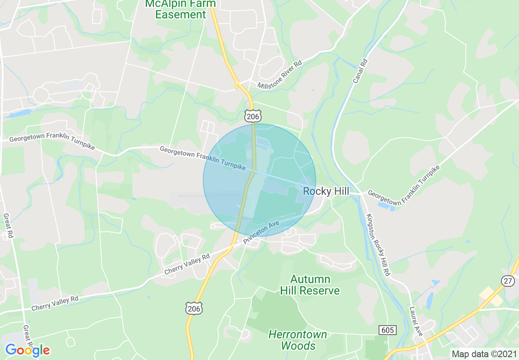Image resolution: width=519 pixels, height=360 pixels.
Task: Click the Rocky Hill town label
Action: [326, 191]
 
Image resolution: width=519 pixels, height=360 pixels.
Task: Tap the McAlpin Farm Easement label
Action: [181, 9]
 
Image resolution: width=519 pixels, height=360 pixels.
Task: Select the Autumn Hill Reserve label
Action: [310, 285]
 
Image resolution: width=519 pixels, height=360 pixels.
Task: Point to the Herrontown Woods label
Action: [298, 340]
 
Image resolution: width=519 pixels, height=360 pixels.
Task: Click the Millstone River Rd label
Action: [280, 74]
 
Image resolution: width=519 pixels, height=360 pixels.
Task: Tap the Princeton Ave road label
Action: [261, 232]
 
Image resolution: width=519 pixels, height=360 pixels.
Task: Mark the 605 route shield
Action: [387, 330]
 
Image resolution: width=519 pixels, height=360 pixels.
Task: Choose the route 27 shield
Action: [508, 281]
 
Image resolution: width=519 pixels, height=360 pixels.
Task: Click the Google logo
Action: [27, 350]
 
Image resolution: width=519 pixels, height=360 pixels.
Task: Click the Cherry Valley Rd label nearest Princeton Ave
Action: [187, 265]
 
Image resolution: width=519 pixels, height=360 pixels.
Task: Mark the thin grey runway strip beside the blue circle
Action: [208, 196]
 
